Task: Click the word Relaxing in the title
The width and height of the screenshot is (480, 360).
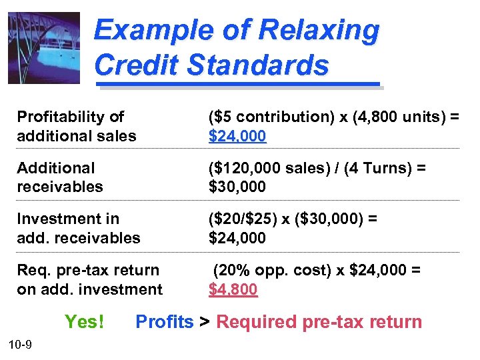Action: click(x=318, y=31)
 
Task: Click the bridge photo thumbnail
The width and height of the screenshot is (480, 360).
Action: click(x=43, y=48)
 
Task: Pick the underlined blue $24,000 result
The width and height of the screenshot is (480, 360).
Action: click(x=237, y=136)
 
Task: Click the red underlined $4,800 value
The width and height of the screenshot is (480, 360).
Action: click(x=233, y=289)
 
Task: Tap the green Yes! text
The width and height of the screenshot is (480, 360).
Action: click(x=84, y=322)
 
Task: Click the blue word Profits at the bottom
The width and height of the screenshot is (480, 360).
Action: click(x=164, y=322)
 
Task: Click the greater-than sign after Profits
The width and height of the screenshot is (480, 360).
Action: click(x=205, y=322)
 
